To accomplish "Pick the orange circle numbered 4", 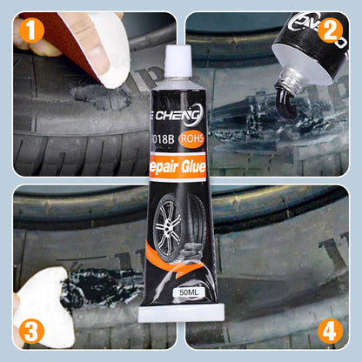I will [329, 330].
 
